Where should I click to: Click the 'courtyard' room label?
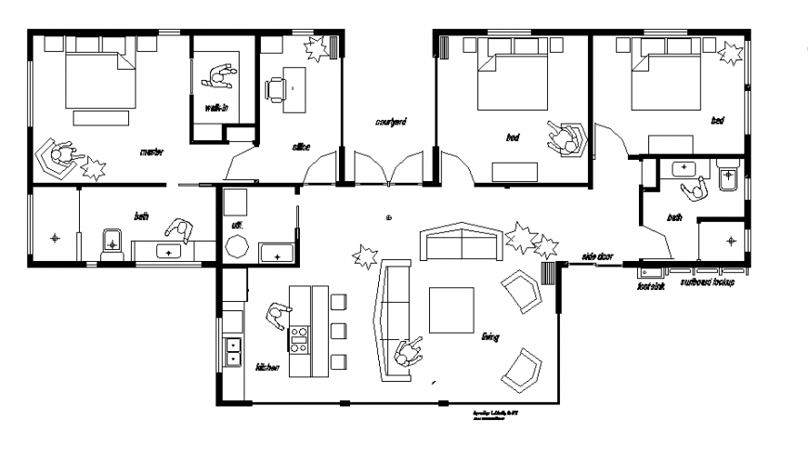[x=390, y=122]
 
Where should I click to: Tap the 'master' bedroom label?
[x=151, y=151]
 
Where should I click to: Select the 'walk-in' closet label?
[x=216, y=109]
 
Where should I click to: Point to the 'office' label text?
[x=301, y=147]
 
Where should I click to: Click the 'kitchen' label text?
[x=267, y=367]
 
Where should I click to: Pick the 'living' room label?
[x=489, y=336]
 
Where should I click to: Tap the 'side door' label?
[x=597, y=255]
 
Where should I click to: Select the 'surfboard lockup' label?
[x=707, y=281]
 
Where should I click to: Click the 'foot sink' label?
[x=650, y=286]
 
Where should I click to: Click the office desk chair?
[x=275, y=89]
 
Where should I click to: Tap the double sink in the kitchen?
[x=232, y=352]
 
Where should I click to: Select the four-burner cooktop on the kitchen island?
[x=299, y=339]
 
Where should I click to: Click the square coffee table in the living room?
[x=450, y=309]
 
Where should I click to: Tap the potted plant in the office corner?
[x=318, y=48]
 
